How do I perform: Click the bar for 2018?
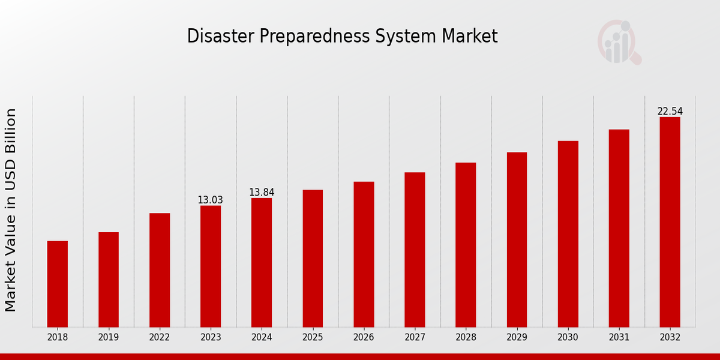click(x=58, y=284)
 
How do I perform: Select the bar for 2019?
click(x=109, y=280)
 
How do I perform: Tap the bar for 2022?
click(x=160, y=270)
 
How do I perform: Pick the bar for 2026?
click(x=364, y=254)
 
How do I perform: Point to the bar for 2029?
click(x=517, y=239)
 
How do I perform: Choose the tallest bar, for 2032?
click(x=670, y=222)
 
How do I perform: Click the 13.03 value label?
click(x=211, y=200)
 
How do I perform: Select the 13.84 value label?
click(x=262, y=192)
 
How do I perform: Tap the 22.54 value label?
click(x=670, y=111)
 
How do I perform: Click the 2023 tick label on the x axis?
click(x=211, y=337)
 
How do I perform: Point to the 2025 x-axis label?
click(x=313, y=337)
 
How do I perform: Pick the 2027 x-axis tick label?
click(x=415, y=337)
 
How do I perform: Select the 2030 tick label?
click(x=568, y=337)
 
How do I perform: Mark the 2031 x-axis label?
click(x=619, y=337)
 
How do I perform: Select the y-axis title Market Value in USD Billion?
click(x=11, y=210)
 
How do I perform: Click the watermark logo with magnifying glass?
click(x=619, y=42)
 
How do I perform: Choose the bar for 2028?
click(x=466, y=245)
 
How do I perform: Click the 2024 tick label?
click(x=262, y=337)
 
